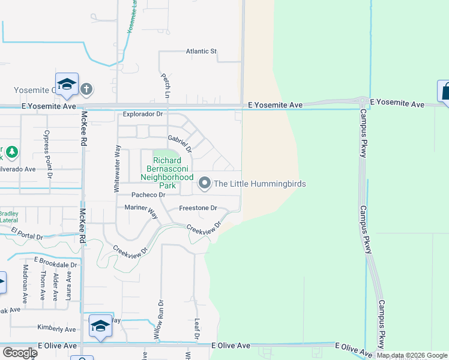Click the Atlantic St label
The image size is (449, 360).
tap(201, 52)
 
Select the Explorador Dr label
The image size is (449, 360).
tap(143, 113)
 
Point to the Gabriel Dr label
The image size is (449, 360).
tap(179, 143)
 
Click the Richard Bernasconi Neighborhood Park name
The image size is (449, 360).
tap(167, 169)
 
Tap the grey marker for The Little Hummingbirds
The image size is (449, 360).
tap(205, 184)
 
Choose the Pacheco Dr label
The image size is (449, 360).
tap(149, 195)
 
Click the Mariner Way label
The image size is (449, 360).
tap(140, 209)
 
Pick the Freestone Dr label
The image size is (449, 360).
tap(197, 208)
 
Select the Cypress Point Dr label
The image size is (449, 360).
tap(47, 147)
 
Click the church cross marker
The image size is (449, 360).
tap(86, 89)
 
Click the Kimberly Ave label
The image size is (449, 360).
tap(56, 329)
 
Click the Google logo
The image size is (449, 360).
tap(19, 352)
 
